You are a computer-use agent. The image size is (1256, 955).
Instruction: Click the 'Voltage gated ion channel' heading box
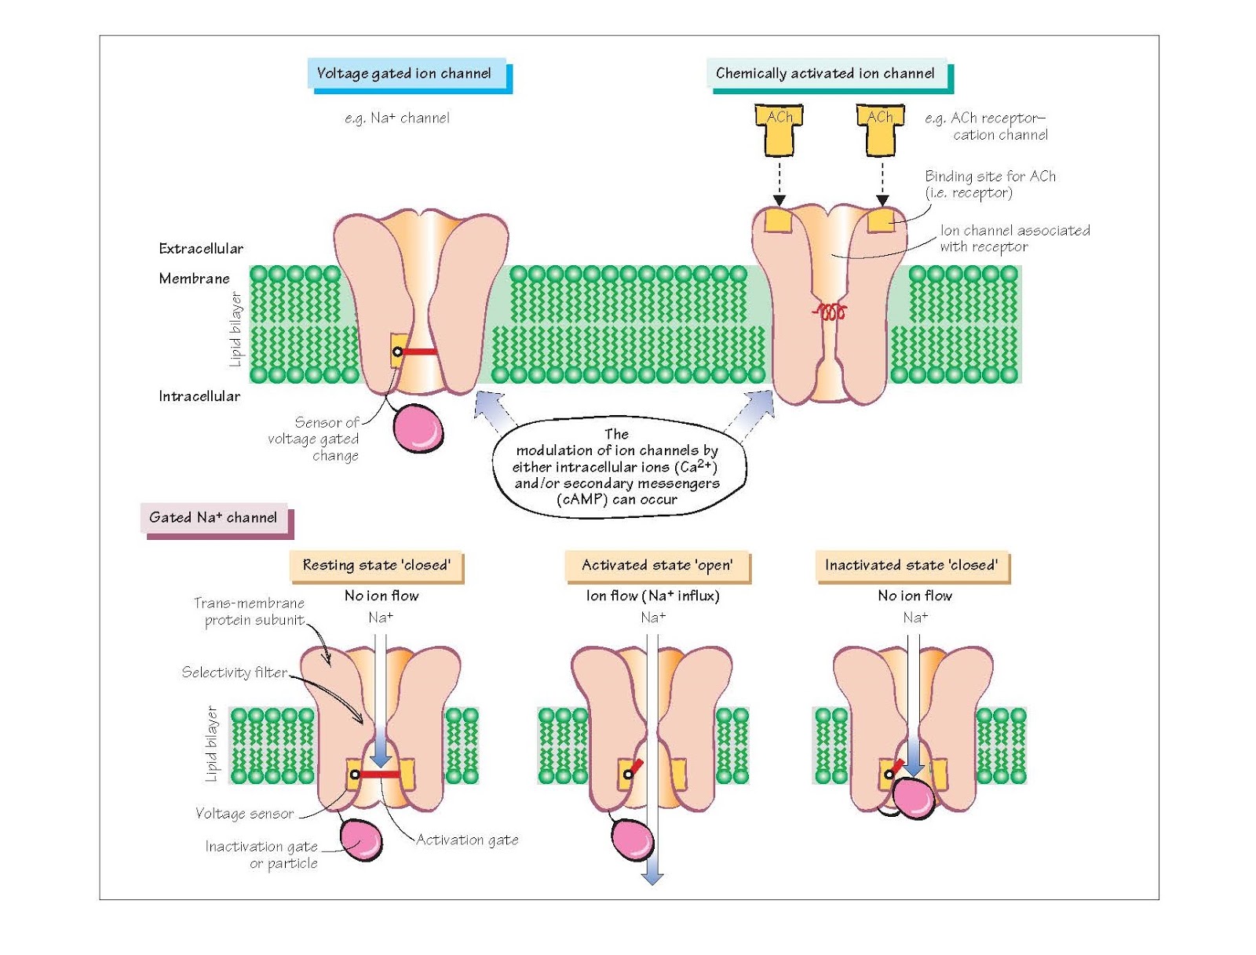404,74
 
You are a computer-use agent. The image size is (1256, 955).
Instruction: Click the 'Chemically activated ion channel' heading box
825,74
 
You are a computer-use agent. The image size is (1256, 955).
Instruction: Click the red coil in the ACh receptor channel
830,312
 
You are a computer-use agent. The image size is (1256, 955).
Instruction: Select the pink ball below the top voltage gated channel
418,428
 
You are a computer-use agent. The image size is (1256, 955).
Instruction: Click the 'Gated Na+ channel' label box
213,518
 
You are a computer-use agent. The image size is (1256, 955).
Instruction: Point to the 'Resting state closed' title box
376,565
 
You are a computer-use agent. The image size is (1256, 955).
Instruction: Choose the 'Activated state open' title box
657,565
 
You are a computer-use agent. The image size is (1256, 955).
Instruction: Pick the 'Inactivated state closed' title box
911,565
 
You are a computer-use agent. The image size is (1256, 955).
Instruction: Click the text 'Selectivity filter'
234,673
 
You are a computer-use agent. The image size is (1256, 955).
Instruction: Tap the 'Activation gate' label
467,840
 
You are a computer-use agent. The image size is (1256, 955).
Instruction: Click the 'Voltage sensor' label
244,814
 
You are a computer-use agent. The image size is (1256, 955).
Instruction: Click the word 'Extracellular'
201,249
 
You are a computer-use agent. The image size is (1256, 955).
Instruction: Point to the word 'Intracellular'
199,396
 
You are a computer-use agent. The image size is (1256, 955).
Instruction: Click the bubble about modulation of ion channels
617,467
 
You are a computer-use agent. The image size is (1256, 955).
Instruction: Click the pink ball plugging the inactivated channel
914,797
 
